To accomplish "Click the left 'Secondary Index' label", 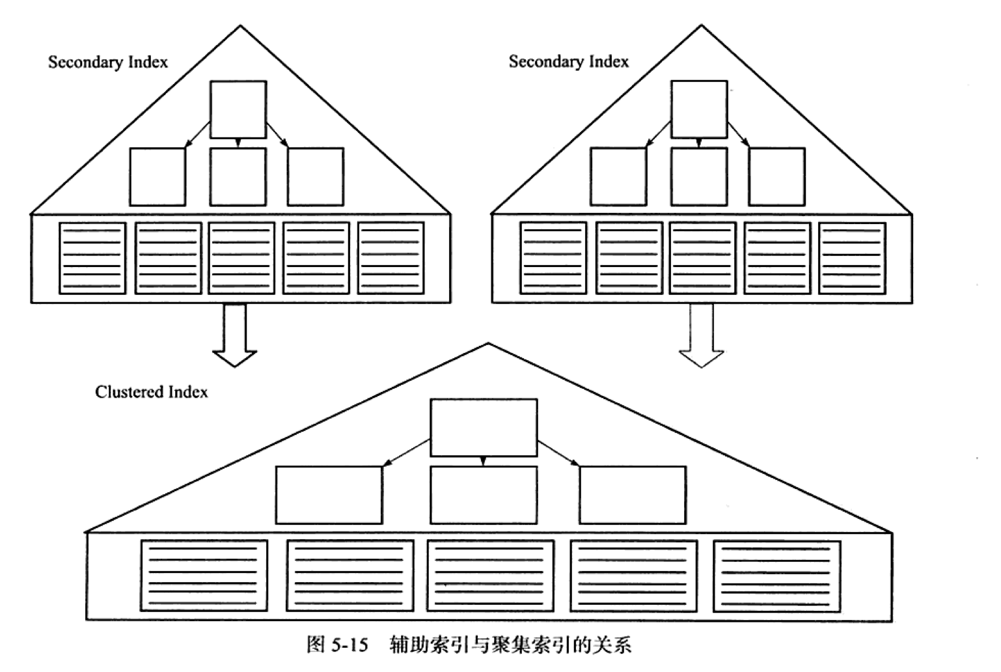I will click(108, 63).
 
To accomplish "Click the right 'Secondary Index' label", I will click(569, 62).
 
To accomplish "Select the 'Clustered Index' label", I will click(152, 392).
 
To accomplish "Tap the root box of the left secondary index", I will click(238, 109).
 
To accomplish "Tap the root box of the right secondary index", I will click(699, 109).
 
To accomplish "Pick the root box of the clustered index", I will click(484, 428).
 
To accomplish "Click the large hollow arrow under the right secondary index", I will click(702, 335).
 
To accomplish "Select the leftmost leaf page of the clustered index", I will click(204, 575).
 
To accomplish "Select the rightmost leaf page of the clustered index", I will click(776, 576).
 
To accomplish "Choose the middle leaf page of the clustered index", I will click(490, 576).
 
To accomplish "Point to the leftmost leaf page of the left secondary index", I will click(92, 259).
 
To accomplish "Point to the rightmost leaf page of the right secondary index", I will click(852, 259).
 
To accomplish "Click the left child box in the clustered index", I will click(329, 495).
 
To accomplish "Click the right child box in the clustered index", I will click(632, 495).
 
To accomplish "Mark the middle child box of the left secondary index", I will click(238, 177).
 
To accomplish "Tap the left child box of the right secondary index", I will click(618, 177).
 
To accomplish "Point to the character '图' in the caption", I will click(316, 645).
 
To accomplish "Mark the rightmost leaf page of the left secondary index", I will click(391, 259).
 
